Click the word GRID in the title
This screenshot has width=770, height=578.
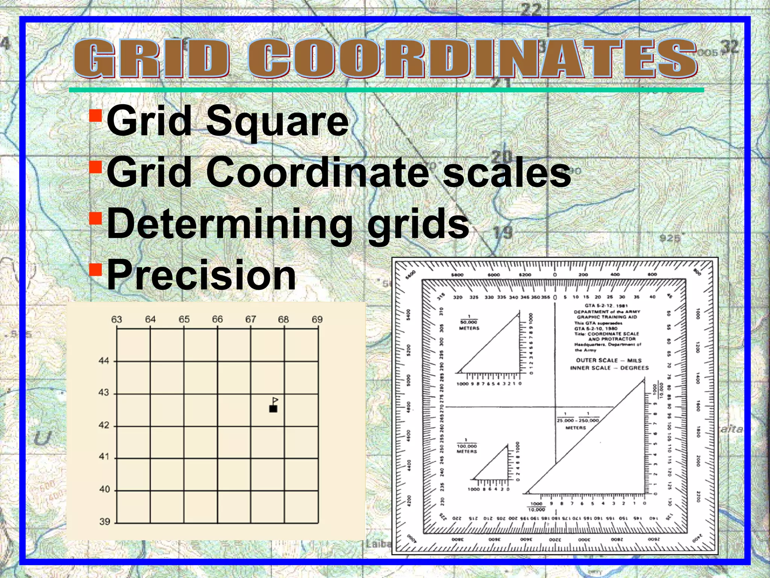coord(151,59)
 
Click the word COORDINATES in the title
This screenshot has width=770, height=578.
coord(472,59)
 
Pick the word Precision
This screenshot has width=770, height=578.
coord(202,275)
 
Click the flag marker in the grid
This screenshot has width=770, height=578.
coord(274,405)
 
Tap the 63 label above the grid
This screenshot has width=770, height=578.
coord(117,319)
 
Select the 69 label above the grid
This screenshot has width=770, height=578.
coord(317,319)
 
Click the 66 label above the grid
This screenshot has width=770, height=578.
coord(217,319)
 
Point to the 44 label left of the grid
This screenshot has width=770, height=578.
coord(104,361)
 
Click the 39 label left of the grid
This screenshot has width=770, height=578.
coord(105,522)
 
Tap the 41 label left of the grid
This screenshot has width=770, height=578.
coord(104,457)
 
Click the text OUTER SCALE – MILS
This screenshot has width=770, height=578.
coord(609,360)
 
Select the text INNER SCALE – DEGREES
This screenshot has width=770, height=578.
coord(609,368)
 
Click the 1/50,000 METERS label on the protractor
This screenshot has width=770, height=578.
coord(469,323)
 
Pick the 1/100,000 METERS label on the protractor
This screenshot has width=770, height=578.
coord(467,446)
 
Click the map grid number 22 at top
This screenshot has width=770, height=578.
coord(531,9)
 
